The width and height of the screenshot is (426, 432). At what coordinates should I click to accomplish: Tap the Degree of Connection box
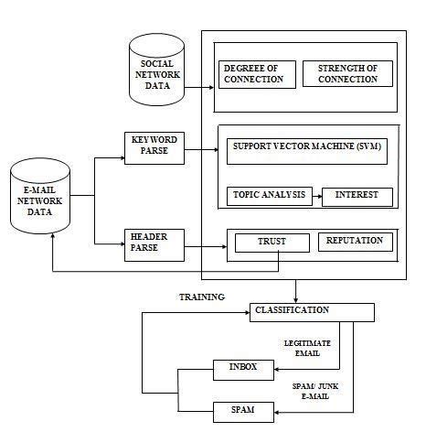click(258, 73)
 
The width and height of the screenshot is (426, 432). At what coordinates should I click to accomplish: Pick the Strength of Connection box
click(346, 73)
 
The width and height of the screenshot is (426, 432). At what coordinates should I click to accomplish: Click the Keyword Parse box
click(154, 145)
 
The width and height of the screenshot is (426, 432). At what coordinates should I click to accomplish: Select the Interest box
click(357, 196)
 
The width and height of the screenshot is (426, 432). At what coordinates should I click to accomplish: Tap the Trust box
click(272, 243)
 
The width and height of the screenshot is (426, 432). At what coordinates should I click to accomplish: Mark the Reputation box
click(355, 242)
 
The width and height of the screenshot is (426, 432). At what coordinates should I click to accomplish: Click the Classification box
click(312, 311)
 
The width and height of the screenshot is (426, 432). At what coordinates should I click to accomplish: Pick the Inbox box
click(242, 369)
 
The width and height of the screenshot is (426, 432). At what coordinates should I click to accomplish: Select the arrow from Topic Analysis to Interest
click(316, 196)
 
